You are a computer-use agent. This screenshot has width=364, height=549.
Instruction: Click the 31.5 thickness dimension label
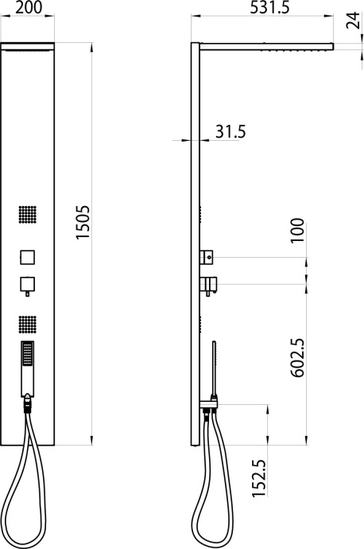(228, 131)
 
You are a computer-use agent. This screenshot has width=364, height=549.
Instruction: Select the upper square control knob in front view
(27, 258)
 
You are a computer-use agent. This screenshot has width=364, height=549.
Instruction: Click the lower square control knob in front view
(27, 284)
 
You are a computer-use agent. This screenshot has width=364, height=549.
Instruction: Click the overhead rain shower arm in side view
(266, 46)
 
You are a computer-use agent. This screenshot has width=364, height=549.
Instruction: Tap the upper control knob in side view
(208, 257)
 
